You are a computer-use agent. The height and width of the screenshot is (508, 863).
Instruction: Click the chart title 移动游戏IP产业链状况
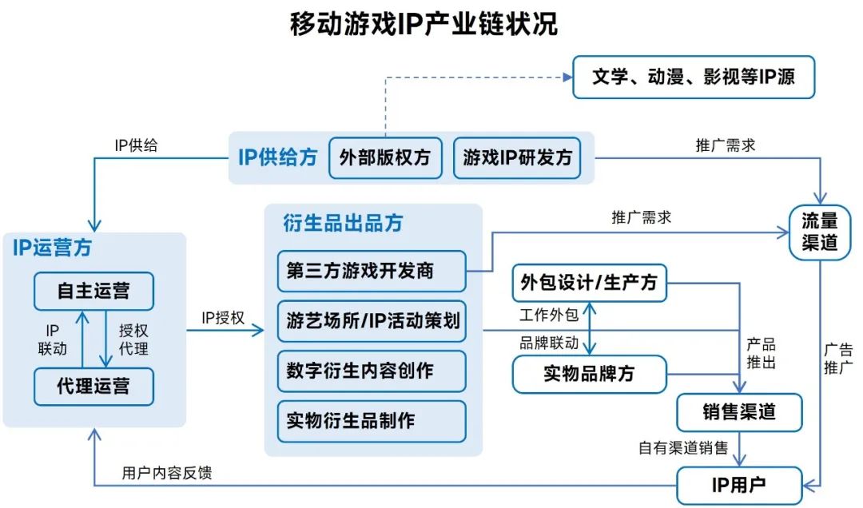coord(424,25)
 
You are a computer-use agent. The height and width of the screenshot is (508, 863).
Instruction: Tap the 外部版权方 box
coord(384,157)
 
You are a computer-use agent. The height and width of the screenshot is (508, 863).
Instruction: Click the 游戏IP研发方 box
coord(518,157)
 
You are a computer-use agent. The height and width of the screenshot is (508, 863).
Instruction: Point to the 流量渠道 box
coord(819,232)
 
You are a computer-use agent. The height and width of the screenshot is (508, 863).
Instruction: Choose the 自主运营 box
coord(93,291)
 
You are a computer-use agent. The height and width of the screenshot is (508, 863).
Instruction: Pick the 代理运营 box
coord(93,387)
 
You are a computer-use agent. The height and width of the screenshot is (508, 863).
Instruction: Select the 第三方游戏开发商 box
coord(372,272)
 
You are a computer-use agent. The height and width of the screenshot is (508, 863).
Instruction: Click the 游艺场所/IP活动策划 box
coord(372,321)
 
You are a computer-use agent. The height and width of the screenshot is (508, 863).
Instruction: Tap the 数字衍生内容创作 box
coord(372,371)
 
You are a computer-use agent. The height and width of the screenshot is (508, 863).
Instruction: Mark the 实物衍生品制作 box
coord(372,421)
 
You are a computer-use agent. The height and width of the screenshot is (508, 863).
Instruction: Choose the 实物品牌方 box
coord(589,373)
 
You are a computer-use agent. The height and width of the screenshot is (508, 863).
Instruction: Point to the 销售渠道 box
coord(738,412)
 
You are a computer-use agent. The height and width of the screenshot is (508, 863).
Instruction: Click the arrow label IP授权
coord(223,318)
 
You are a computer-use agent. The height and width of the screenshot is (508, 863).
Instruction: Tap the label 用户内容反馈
coord(167,473)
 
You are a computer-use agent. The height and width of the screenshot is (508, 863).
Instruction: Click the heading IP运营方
coord(52,248)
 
